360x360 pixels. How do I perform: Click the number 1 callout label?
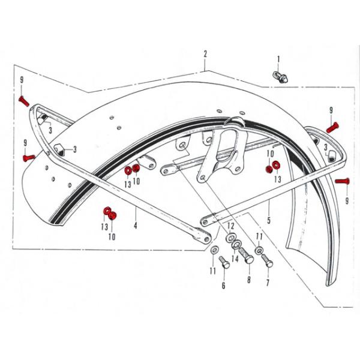coord(278,59)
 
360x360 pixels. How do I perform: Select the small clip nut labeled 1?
coord(280,77)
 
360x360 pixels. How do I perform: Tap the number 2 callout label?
coord(205,54)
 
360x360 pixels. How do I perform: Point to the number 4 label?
coord(136,226)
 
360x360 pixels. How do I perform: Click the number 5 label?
coord(269,220)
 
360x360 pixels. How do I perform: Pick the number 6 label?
coord(223,286)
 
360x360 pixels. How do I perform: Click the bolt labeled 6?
coord(225,262)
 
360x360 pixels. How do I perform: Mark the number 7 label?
coord(268,283)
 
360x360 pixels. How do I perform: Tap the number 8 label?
coord(249,280)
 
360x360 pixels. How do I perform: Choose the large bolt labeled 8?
coord(247,256)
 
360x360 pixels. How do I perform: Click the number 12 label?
coord(231,226)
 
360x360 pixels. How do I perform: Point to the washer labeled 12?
coord(230,237)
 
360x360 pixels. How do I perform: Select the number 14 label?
coord(235,259)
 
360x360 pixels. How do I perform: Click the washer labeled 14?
coord(237,245)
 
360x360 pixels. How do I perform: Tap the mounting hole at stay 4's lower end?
coord(207,239)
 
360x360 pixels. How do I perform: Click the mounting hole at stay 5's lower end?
coord(205,222)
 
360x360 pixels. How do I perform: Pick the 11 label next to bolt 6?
coord(213,271)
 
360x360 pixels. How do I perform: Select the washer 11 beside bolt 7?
coord(259,250)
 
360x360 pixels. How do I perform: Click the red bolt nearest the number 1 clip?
coord(332,127)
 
